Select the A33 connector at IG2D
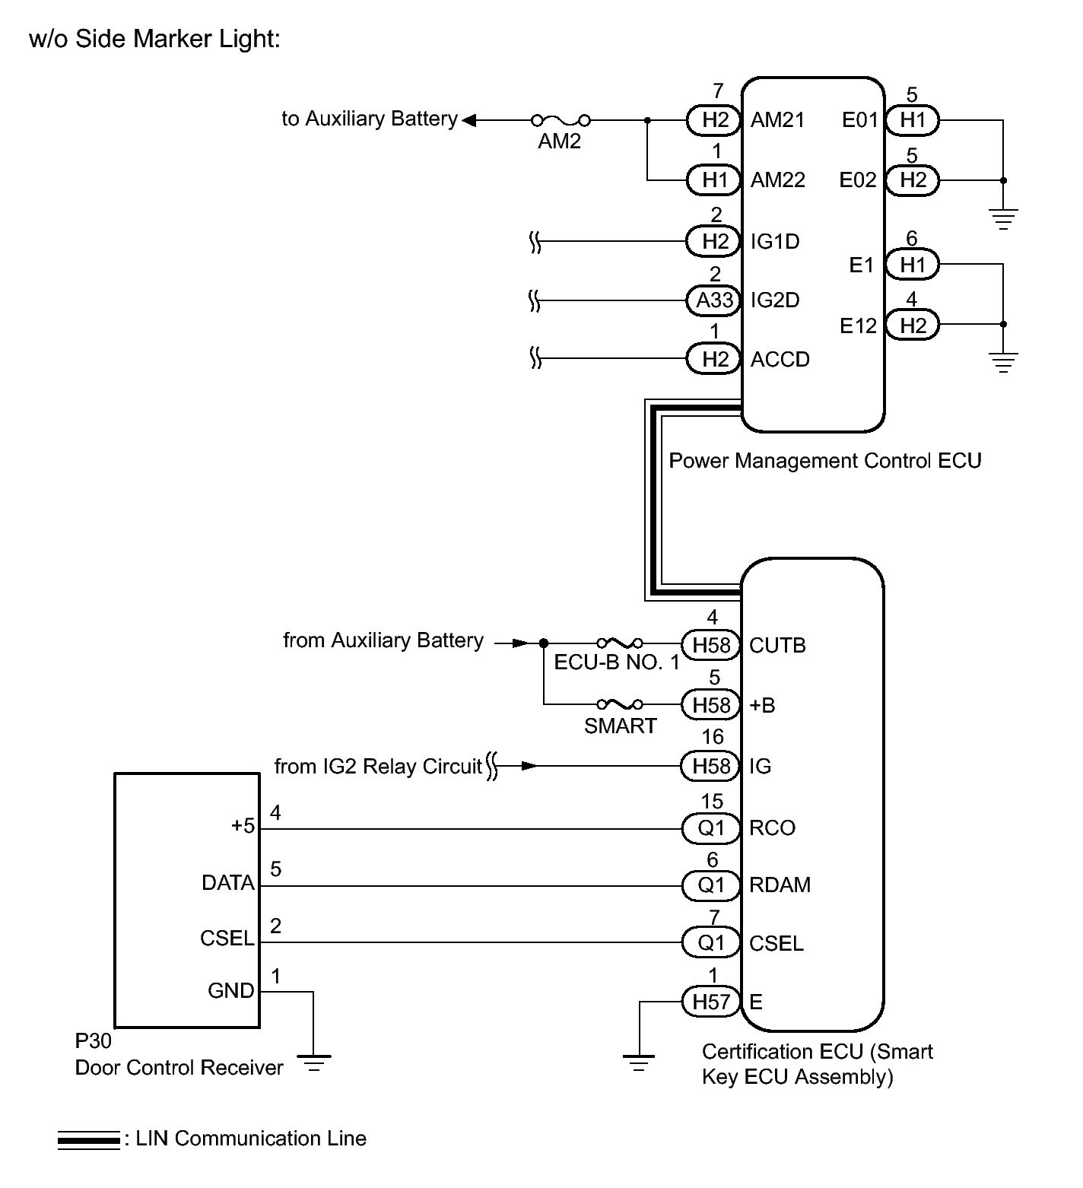pyautogui.click(x=714, y=300)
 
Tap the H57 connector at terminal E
pyautogui.click(x=711, y=1002)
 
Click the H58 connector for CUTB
pyautogui.click(x=711, y=645)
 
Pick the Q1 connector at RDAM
pyautogui.click(x=711, y=885)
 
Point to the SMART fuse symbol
pyautogui.click(x=620, y=704)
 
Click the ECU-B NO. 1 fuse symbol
pyautogui.click(x=620, y=643)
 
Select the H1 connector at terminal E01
pyautogui.click(x=913, y=119)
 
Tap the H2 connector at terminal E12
pyautogui.click(x=913, y=326)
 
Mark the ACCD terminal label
pyautogui.click(x=780, y=360)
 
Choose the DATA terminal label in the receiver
pyautogui.click(x=228, y=883)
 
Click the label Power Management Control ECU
pyautogui.click(x=825, y=461)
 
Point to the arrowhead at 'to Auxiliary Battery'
pyautogui.click(x=469, y=120)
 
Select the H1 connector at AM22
pyautogui.click(x=714, y=180)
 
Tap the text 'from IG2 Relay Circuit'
pyautogui.click(x=378, y=766)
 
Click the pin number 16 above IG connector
pyautogui.click(x=713, y=737)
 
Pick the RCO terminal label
pyautogui.click(x=772, y=828)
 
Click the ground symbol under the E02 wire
pyautogui.click(x=1004, y=219)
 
